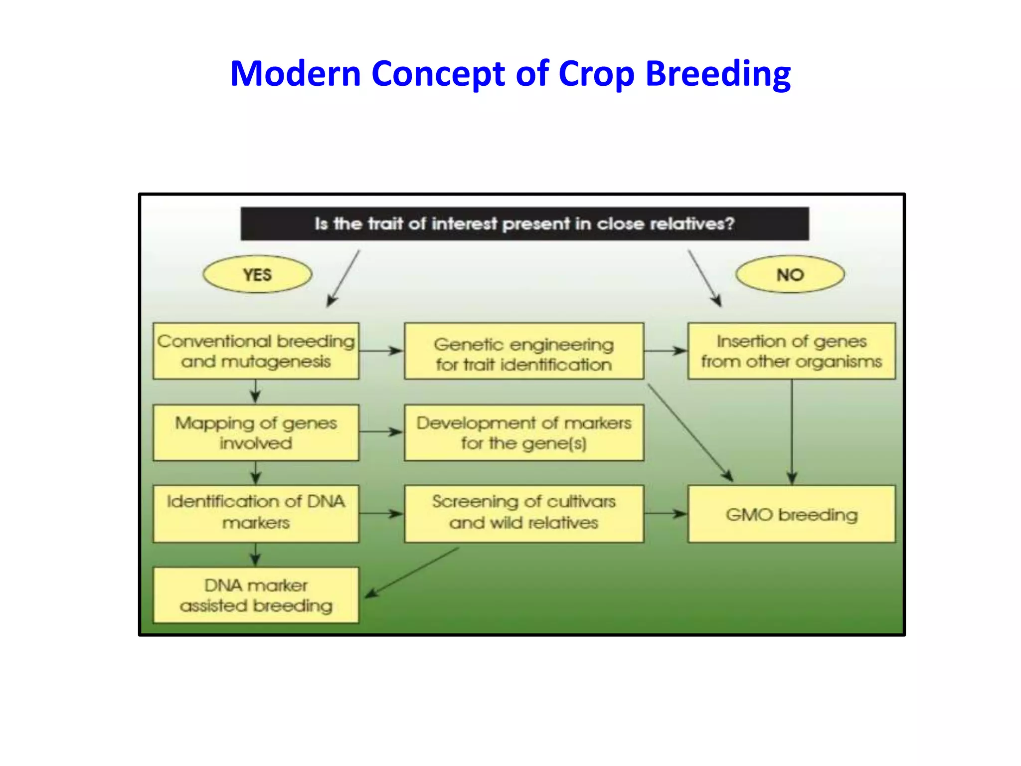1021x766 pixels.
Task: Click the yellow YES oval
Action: tap(257, 274)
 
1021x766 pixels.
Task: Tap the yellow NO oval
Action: tap(790, 274)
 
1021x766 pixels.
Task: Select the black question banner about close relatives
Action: tap(524, 224)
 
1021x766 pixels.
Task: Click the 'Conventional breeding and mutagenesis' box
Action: tap(256, 351)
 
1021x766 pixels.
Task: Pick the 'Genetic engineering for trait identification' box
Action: tap(524, 351)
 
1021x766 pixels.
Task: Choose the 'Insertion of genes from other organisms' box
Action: tap(792, 351)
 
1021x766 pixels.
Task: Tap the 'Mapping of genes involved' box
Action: tap(256, 432)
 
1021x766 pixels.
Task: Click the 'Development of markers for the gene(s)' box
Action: tap(524, 432)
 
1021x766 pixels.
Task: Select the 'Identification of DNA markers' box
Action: tap(256, 514)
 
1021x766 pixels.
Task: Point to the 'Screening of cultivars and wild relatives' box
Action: tap(524, 514)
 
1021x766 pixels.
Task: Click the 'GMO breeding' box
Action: tap(792, 514)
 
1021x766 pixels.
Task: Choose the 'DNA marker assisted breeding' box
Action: tap(256, 595)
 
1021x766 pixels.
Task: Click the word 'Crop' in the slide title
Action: tap(596, 73)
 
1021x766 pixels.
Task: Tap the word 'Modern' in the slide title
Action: tap(296, 73)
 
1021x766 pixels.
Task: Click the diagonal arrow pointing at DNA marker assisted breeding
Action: tap(412, 573)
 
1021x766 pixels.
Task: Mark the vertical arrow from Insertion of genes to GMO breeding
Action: tap(792, 432)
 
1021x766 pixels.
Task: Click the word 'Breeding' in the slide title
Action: tap(718, 73)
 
